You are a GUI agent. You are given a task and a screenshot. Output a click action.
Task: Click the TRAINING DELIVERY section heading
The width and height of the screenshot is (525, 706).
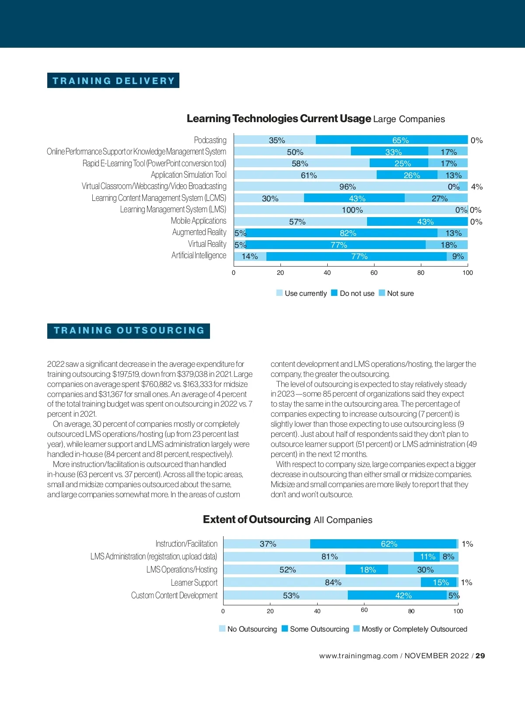[x=113, y=81]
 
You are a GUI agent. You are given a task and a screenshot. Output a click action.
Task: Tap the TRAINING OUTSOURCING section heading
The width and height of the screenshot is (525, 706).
[x=129, y=330]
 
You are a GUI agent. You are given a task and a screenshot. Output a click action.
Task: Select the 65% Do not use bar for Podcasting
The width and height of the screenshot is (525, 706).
[x=392, y=140]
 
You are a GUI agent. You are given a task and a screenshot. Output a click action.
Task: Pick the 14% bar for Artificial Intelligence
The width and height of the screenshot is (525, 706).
[x=250, y=256]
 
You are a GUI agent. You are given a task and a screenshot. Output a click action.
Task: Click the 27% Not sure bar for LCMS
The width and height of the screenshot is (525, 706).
[x=436, y=198]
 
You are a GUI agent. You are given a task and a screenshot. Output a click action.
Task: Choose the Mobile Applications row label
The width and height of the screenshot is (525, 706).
[x=199, y=221]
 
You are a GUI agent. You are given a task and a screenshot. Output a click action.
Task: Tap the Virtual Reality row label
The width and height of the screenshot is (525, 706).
[x=207, y=244]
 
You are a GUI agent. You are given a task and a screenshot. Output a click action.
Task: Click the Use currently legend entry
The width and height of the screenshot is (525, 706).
[x=302, y=293]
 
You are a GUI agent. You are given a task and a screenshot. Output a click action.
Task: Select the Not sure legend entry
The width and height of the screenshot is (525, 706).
[x=396, y=293]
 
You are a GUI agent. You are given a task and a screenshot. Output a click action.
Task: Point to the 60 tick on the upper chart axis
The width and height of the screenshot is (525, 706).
[x=374, y=273]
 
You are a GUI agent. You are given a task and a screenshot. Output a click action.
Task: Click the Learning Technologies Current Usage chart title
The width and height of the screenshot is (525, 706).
[x=315, y=119]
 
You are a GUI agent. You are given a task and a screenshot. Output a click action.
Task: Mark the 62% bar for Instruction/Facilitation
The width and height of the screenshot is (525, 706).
[x=383, y=544]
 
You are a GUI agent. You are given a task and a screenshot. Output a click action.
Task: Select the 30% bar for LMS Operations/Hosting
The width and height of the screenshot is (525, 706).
[x=423, y=569]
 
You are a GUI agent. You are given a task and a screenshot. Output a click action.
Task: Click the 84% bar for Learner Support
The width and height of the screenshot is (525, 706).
[x=322, y=583]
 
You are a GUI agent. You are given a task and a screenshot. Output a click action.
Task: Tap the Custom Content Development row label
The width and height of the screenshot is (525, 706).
[x=174, y=595]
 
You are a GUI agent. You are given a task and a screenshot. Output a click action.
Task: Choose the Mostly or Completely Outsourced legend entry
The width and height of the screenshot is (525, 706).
[x=410, y=629]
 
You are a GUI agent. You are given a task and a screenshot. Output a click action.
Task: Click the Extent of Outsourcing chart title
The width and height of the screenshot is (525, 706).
[x=287, y=520]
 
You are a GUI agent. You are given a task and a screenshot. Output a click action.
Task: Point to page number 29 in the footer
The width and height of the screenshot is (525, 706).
[x=480, y=656]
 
